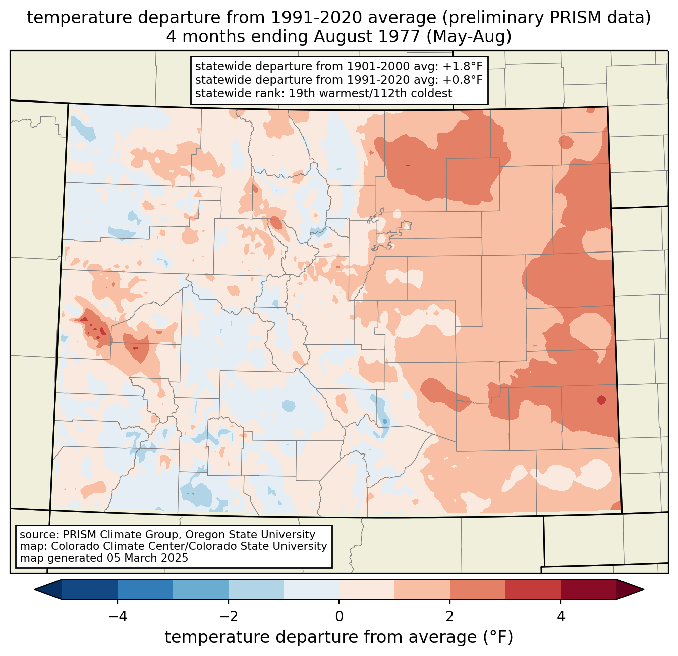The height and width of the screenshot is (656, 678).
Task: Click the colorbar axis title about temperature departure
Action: pyautogui.click(x=338, y=637)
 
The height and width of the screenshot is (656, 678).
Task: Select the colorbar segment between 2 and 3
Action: pyautogui.click(x=477, y=589)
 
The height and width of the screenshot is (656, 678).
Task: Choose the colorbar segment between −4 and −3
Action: pyautogui.click(x=145, y=589)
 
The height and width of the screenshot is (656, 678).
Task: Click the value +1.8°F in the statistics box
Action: pyautogui.click(x=463, y=67)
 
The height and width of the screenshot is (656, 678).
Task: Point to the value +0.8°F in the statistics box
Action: pyautogui.click(x=463, y=80)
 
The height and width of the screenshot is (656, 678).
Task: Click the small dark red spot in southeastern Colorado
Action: pyautogui.click(x=601, y=400)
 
